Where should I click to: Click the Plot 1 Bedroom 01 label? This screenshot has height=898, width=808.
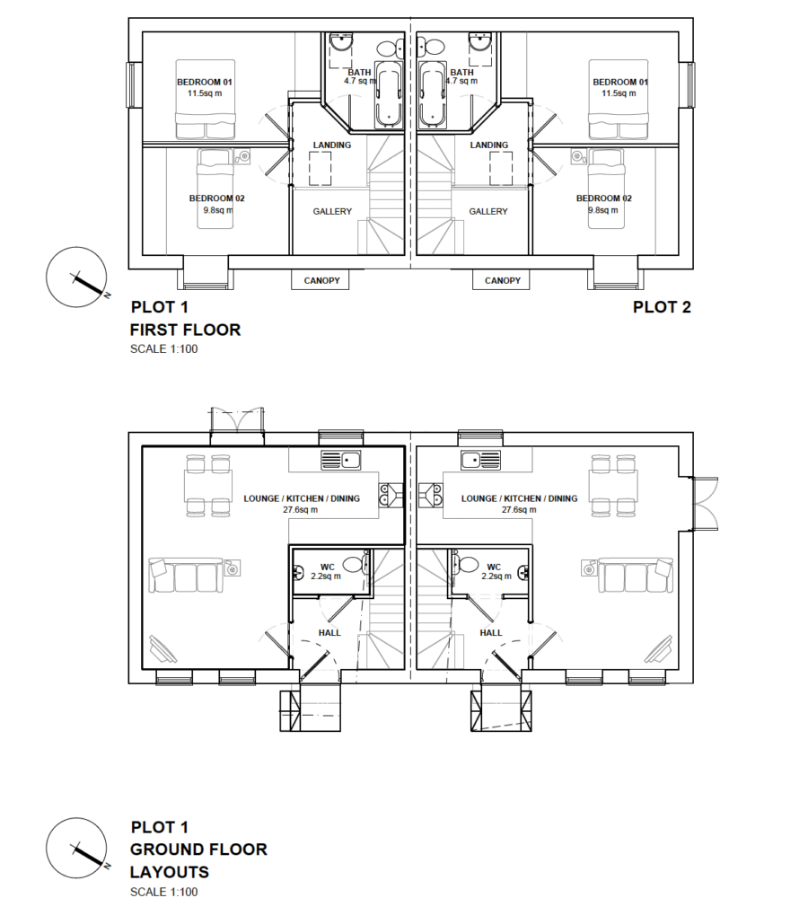point(205,83)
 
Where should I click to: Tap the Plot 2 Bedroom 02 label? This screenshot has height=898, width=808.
point(603,198)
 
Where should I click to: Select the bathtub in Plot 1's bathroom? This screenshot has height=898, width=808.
point(390,94)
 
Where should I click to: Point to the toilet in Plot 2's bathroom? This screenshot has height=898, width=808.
point(432,47)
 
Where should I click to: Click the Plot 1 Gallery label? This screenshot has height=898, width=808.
point(332,211)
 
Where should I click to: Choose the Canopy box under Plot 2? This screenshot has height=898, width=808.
point(502,280)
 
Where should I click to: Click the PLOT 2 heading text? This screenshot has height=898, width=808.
point(662,307)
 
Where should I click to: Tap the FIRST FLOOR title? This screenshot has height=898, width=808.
point(186,330)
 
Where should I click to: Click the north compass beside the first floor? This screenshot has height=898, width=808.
point(76,277)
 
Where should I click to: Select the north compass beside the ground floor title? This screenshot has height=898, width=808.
point(76,849)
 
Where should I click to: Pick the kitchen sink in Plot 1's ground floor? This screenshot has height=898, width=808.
point(340,460)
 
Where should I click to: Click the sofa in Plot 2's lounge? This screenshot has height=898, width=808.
point(636,575)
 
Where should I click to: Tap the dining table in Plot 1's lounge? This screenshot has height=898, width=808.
point(208,486)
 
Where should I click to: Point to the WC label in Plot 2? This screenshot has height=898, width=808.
point(494,567)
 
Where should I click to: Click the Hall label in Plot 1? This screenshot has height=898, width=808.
point(329,633)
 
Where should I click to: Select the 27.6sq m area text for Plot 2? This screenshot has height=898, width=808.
point(519,510)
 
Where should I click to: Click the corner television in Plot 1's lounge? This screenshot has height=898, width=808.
point(162,649)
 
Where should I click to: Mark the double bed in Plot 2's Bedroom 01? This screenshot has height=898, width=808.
point(619,99)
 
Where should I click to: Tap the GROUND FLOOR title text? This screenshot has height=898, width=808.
point(198,850)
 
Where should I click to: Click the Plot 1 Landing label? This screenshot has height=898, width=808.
point(332,145)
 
